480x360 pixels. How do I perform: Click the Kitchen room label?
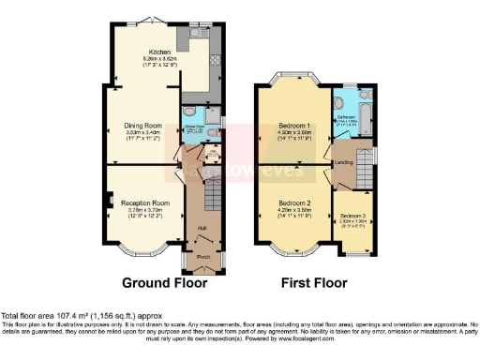pyautogui.click(x=149, y=51)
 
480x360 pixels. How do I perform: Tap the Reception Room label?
pyautogui.click(x=149, y=202)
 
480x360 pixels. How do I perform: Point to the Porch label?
pyautogui.click(x=202, y=254)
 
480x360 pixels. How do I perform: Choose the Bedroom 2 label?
pyautogui.click(x=295, y=202)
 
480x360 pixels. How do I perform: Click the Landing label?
pyautogui.click(x=343, y=161)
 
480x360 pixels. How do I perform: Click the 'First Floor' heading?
pyautogui.click(x=314, y=282)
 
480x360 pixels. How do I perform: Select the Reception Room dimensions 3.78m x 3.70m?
pyautogui.click(x=149, y=209)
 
